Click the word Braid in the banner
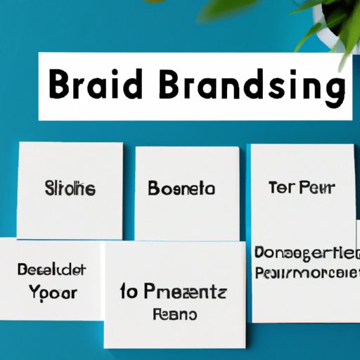[95, 88]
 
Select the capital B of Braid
[62, 88]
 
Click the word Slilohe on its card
[71, 188]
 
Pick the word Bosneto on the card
[181, 188]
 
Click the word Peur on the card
[319, 188]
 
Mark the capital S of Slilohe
[50, 188]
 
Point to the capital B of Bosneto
[154, 188]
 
